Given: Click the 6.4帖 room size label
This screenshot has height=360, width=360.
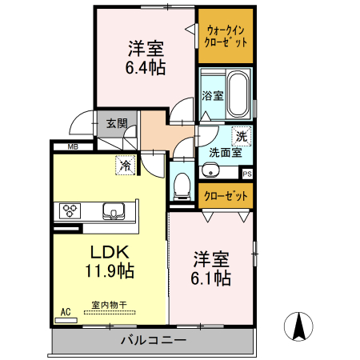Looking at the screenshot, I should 145,68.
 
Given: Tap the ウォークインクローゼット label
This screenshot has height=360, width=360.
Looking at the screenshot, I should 226,36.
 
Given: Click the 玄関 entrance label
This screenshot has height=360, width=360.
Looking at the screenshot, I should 117,123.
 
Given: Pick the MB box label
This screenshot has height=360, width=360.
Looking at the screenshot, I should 73,147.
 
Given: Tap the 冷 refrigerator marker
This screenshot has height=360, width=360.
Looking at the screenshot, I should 125,166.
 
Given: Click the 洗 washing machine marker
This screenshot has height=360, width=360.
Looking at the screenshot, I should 241,136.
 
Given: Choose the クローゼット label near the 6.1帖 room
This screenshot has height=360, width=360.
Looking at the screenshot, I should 226,195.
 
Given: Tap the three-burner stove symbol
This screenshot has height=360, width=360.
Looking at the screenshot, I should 70,211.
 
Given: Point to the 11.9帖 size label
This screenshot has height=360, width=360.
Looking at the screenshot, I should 110,270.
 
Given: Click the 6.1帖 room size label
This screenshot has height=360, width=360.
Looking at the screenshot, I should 211,278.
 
